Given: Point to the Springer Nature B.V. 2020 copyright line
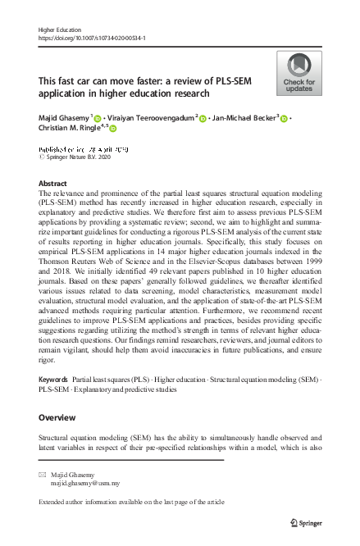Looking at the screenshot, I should [79, 157].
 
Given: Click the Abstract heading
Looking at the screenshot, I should [52, 184].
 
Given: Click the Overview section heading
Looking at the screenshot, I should [57, 418].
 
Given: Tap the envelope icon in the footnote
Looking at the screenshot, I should [43, 475].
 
